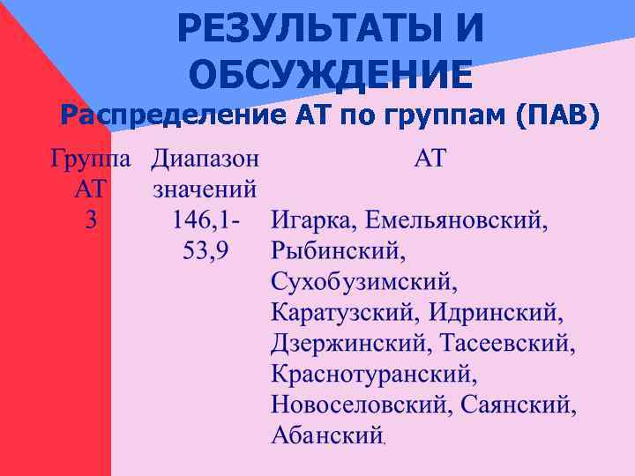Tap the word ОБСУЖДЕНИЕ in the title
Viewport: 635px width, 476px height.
(331, 74)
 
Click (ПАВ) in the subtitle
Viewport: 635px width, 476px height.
(557, 115)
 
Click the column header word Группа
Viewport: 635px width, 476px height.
(91, 160)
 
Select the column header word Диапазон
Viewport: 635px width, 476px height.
(205, 160)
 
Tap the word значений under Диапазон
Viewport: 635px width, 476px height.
(205, 189)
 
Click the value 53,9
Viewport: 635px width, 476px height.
(205, 250)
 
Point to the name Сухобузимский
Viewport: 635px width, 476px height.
(364, 282)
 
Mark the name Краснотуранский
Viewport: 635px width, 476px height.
(374, 375)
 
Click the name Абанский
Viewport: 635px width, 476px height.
(325, 436)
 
